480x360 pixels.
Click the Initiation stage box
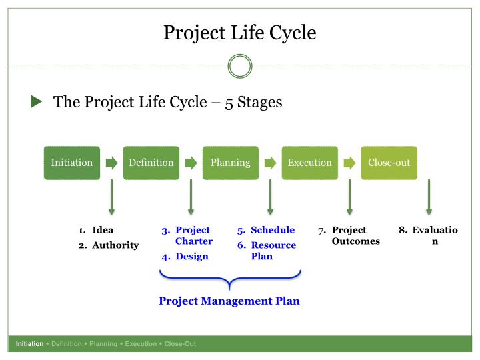pos(72,163)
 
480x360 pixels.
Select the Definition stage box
pos(151,163)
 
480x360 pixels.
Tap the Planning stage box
pos(231,163)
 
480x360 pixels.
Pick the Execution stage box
pos(310,163)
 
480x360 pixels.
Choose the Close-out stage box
pos(389,163)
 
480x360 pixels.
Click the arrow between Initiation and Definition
pos(112,163)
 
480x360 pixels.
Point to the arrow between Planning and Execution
pos(270,163)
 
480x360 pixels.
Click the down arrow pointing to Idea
pos(112,197)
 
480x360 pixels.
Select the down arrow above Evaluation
pos(429,197)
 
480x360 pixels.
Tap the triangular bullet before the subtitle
pos(36,101)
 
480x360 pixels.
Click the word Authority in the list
pos(115,245)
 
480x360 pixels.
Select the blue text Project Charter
pos(194,235)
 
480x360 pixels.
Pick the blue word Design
pos(192,256)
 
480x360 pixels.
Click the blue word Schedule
pos(273,230)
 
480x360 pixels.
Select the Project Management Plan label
pos(229,301)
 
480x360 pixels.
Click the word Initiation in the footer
pos(30,344)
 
